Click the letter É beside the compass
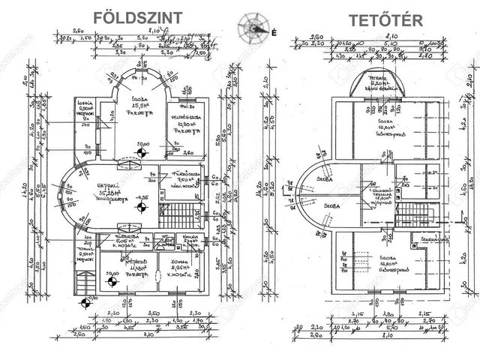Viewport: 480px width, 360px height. [x=274, y=32]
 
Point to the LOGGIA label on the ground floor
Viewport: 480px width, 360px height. [x=84, y=105]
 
